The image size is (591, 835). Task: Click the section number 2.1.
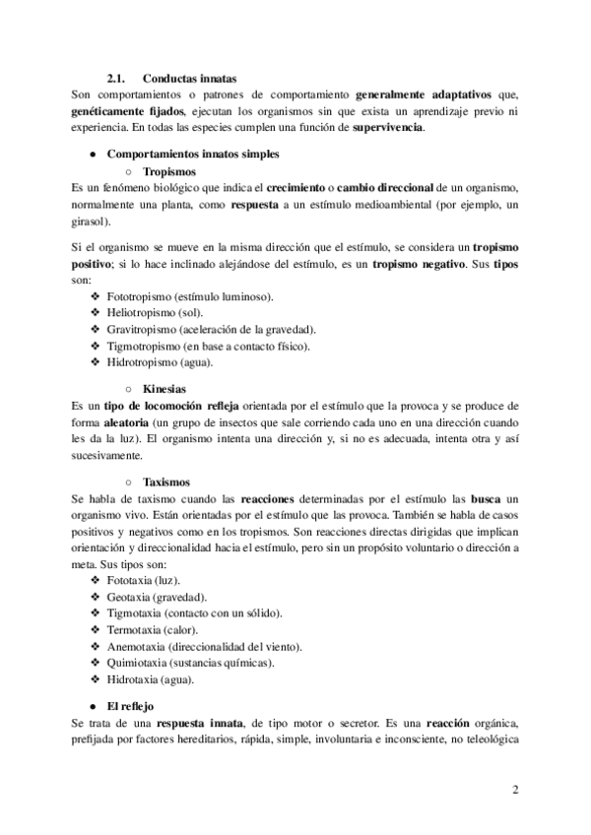pos(118,78)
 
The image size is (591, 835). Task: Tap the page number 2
pos(515,790)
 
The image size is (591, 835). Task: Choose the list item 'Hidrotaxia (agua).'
pos(151,679)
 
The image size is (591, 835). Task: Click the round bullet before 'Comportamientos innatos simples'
pos(92,154)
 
